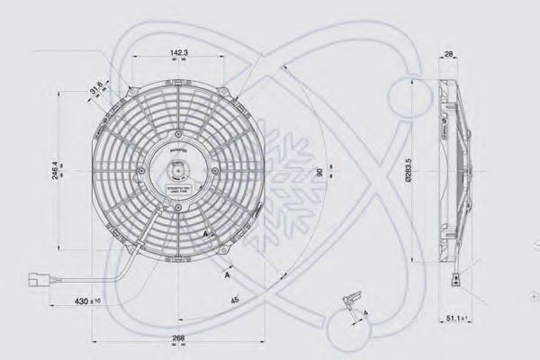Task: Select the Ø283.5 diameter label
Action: pos(408,167)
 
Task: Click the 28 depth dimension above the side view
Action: pos(448,55)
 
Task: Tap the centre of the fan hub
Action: pos(177,167)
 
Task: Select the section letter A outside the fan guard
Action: pos(225,276)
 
